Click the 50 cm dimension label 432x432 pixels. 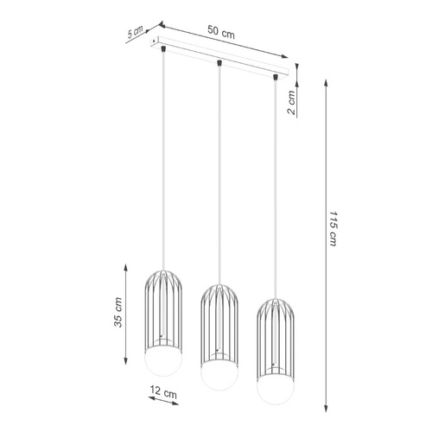point(221,33)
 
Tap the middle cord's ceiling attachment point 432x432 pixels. point(221,64)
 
